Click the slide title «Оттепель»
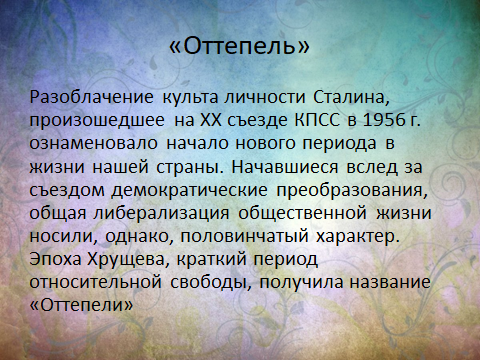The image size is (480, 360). point(240,47)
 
